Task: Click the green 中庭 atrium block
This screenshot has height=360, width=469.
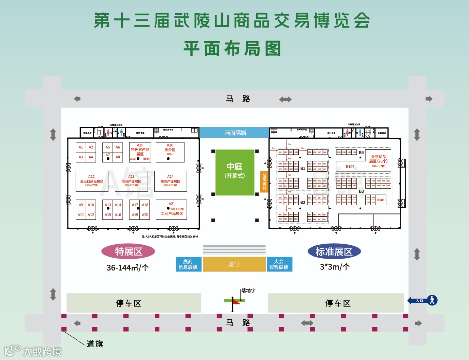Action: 234,172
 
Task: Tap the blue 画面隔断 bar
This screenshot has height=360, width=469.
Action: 234,133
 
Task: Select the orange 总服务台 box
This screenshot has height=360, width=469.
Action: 264,182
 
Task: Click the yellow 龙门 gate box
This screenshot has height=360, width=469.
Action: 234,264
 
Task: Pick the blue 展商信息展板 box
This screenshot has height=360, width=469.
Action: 188,264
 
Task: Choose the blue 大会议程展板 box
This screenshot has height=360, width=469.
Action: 279,264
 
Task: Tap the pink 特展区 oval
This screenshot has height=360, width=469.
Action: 128,252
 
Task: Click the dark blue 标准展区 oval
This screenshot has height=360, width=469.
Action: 334,252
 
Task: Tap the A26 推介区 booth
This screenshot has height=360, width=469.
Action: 170,148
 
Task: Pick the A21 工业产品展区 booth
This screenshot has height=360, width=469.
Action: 172,209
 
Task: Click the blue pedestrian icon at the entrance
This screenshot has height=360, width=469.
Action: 432,300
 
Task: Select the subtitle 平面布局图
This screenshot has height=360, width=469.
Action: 233,48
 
